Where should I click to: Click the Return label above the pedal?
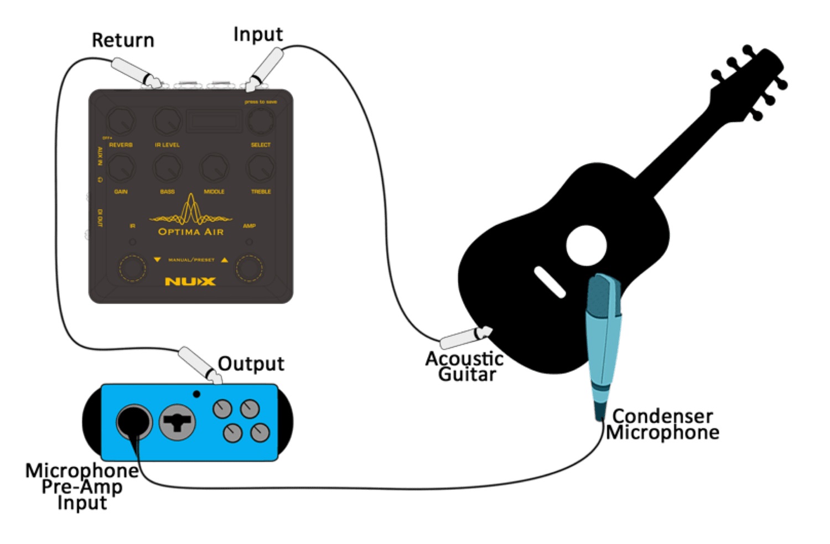pyautogui.click(x=123, y=40)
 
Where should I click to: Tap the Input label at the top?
pyautogui.click(x=258, y=34)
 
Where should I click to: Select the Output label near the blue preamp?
pyautogui.click(x=251, y=364)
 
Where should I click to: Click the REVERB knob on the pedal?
pyautogui.click(x=121, y=121)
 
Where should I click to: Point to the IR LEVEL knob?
pyautogui.click(x=167, y=121)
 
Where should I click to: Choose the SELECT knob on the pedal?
pyautogui.click(x=260, y=121)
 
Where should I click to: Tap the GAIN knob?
pyautogui.click(x=121, y=167)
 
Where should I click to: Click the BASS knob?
pyautogui.click(x=167, y=167)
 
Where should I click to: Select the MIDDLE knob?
pyautogui.click(x=214, y=167)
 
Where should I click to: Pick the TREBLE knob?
pyautogui.click(x=260, y=167)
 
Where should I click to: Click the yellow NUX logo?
pyautogui.click(x=190, y=282)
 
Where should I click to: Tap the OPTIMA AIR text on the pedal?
pyautogui.click(x=191, y=232)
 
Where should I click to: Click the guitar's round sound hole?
pyautogui.click(x=587, y=245)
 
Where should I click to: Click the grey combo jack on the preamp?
pyautogui.click(x=178, y=422)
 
